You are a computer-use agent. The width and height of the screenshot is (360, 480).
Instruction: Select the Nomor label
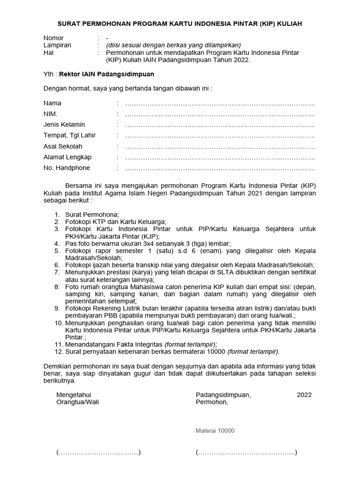click(x=53, y=38)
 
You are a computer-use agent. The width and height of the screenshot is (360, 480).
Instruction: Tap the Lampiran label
click(x=57, y=45)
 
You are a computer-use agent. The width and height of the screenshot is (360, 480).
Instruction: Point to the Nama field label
click(x=52, y=103)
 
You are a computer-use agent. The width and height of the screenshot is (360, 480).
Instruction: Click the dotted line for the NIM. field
click(x=220, y=114)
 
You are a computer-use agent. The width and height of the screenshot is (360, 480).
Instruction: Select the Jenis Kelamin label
click(x=64, y=125)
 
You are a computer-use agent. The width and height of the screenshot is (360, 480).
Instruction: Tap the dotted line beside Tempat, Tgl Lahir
click(x=220, y=135)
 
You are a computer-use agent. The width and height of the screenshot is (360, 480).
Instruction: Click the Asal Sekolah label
click(x=63, y=146)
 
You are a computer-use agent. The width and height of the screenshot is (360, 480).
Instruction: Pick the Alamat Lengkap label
click(x=67, y=157)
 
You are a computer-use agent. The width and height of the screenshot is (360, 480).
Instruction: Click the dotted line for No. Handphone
click(x=220, y=168)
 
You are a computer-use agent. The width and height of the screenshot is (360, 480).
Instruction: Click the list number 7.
click(x=56, y=272)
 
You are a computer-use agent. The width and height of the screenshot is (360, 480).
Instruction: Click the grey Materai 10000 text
click(x=215, y=431)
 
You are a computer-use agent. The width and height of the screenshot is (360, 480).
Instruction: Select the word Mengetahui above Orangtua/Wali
click(x=74, y=395)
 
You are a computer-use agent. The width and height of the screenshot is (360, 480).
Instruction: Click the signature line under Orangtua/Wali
click(x=98, y=453)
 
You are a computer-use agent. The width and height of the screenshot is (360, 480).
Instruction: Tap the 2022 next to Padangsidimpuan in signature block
click(x=304, y=395)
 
